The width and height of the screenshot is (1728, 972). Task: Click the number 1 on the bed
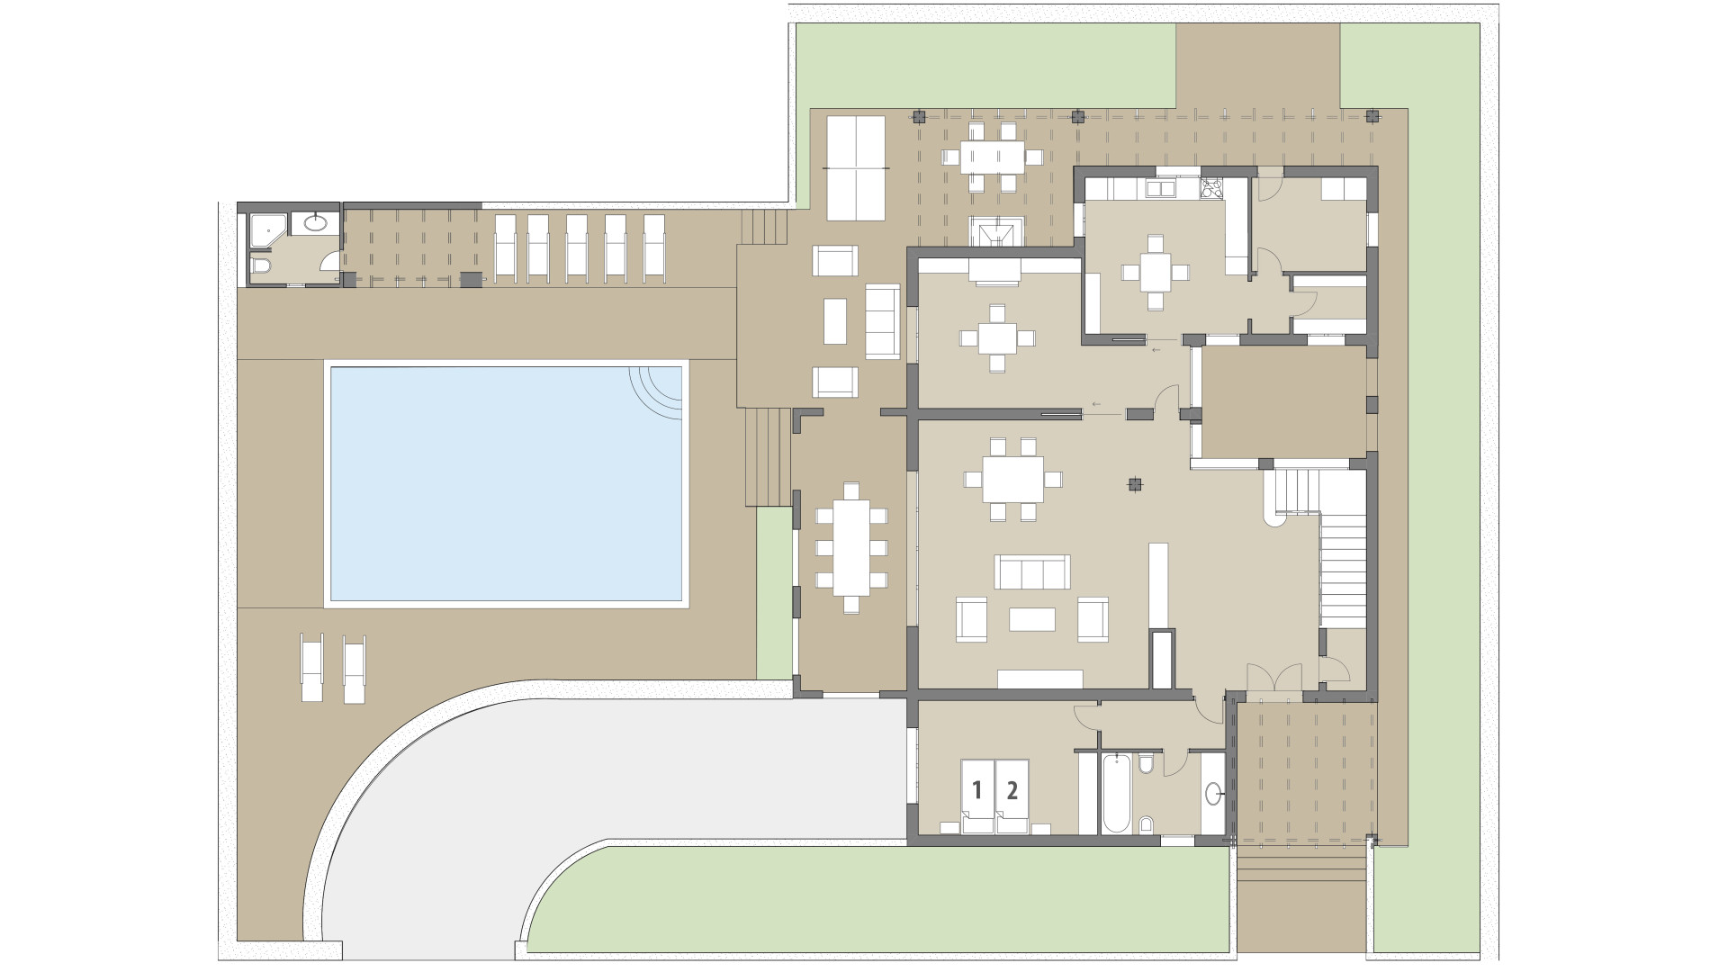pos(976,790)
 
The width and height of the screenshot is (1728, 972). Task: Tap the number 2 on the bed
pos(1012,790)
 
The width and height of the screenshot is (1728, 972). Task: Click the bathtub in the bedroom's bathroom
pos(1114,793)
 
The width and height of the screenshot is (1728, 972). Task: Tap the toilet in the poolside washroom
pos(261,266)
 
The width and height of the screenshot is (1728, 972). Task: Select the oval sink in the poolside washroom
pos(316,222)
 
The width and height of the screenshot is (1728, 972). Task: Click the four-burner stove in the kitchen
pos(1211,189)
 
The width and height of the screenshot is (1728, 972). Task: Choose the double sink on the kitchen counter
pos(1161,189)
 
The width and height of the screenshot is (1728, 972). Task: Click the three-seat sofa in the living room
pos(1032,571)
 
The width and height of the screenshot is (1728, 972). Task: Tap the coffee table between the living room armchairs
pos(1032,620)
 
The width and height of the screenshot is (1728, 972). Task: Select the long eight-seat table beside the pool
pos(851,548)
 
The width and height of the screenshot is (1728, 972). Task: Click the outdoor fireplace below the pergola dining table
pos(995,231)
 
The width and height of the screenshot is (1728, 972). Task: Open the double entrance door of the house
pos(1274,679)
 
